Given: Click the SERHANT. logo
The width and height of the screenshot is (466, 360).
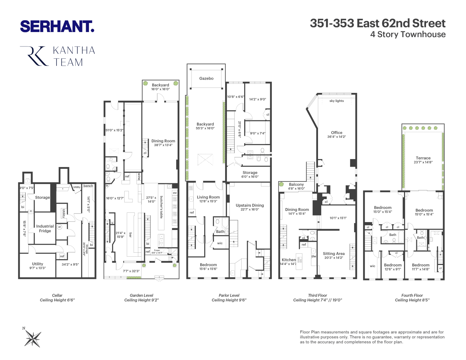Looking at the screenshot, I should click(x=57, y=26).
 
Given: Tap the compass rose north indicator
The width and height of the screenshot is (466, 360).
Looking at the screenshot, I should click(x=32, y=338).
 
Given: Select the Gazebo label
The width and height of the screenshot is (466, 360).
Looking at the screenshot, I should click(x=206, y=78).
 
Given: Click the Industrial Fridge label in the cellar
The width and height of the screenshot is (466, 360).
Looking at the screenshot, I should click(x=45, y=229).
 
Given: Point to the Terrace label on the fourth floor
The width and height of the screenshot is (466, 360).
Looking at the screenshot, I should click(x=423, y=158).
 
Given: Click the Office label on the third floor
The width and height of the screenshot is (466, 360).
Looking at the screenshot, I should click(x=337, y=132).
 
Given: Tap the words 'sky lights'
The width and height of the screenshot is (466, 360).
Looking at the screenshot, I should click(x=337, y=101).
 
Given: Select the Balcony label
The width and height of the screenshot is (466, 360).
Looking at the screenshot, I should click(x=296, y=184).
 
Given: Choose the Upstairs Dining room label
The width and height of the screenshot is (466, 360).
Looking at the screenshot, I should click(x=250, y=205).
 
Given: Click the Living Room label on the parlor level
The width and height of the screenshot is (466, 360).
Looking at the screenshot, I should click(x=208, y=197).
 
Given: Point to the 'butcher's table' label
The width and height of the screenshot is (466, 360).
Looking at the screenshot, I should click(x=161, y=207).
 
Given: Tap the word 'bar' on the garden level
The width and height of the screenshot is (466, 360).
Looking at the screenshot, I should click(x=130, y=235).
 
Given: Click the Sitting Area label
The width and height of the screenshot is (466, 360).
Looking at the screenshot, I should click(x=334, y=253).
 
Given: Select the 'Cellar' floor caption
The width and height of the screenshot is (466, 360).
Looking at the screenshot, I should click(x=57, y=295).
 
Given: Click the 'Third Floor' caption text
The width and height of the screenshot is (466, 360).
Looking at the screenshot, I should click(x=318, y=295).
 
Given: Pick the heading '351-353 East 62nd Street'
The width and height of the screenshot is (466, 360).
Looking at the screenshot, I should click(x=378, y=23).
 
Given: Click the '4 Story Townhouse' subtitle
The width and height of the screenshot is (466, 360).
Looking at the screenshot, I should click(x=408, y=35).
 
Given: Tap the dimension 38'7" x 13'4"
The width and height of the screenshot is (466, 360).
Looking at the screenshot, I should click(x=163, y=145).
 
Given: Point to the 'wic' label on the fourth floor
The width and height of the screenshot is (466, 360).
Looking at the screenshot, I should click(x=372, y=266).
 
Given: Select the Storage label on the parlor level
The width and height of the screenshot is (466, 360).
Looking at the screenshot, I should click(x=250, y=172).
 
